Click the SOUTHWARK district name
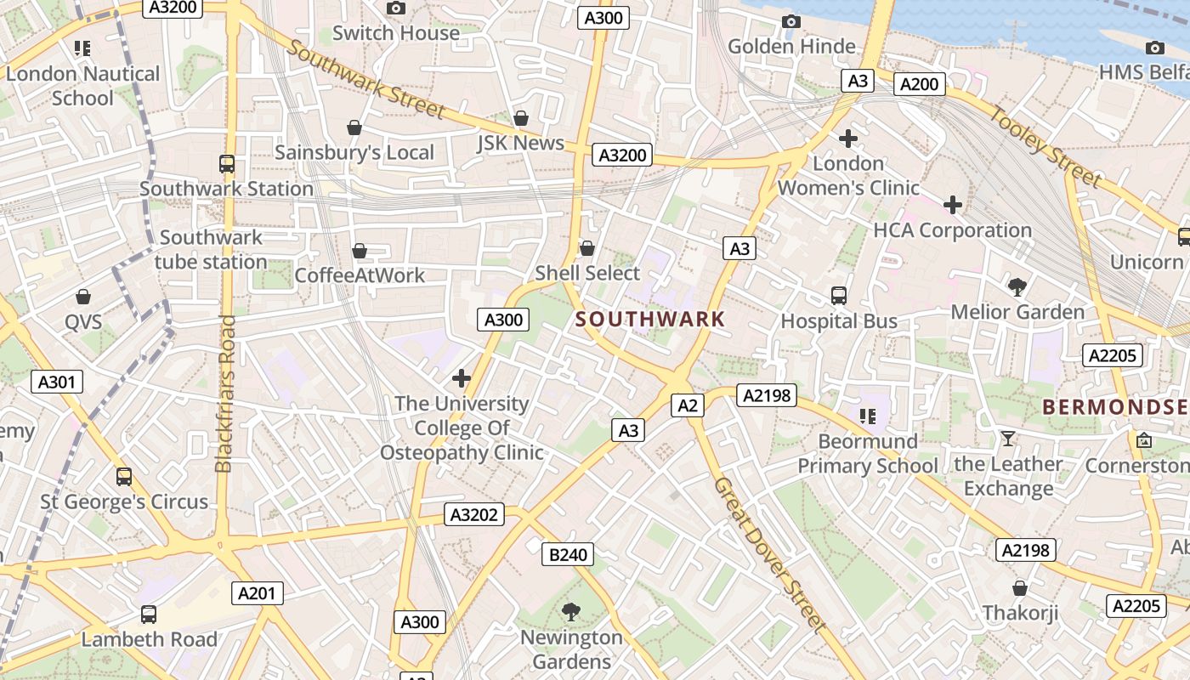[x=650, y=320]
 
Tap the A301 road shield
[x=57, y=382]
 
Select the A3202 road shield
[x=473, y=514]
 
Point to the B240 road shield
[x=568, y=555]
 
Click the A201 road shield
[x=258, y=593]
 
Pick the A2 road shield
[x=688, y=405]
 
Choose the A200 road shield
[x=919, y=83]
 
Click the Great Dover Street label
[x=769, y=555]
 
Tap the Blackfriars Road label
[x=224, y=394]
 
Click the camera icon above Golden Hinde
[x=791, y=21]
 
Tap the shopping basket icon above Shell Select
[x=586, y=248]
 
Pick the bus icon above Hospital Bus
[x=839, y=296]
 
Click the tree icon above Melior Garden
[x=1017, y=286]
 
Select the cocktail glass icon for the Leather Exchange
[x=1008, y=439]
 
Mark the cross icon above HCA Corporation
[x=953, y=205]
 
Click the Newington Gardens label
[x=571, y=649]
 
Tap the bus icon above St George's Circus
[x=124, y=477]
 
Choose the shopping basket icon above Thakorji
[x=1020, y=588]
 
